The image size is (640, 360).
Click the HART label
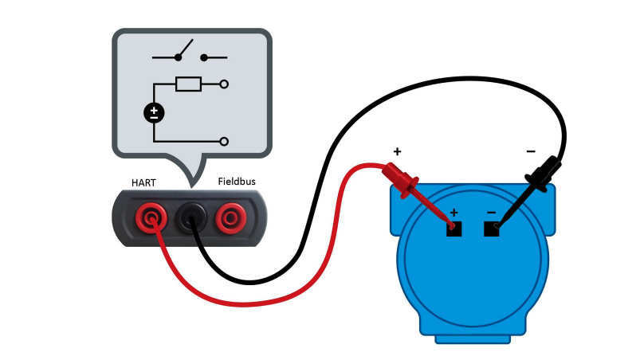(143, 182)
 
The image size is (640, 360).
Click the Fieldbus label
(237, 182)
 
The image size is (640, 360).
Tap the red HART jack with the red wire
(151, 218)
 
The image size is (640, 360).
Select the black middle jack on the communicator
(191, 218)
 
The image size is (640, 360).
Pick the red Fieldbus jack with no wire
(231, 218)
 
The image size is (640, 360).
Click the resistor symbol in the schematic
(188, 84)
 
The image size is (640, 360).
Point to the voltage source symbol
(154, 113)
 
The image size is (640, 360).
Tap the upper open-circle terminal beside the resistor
(224, 84)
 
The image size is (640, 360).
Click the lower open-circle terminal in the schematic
(224, 142)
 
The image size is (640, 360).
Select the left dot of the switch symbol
(178, 58)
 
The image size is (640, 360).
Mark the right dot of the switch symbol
(204, 58)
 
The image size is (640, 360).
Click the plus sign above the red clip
(397, 151)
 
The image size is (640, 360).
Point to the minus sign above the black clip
(531, 151)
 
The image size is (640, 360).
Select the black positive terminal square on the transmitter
(453, 229)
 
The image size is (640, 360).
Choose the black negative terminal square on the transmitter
(492, 229)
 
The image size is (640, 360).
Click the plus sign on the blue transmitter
(453, 213)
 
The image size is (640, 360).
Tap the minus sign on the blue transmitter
(492, 213)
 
